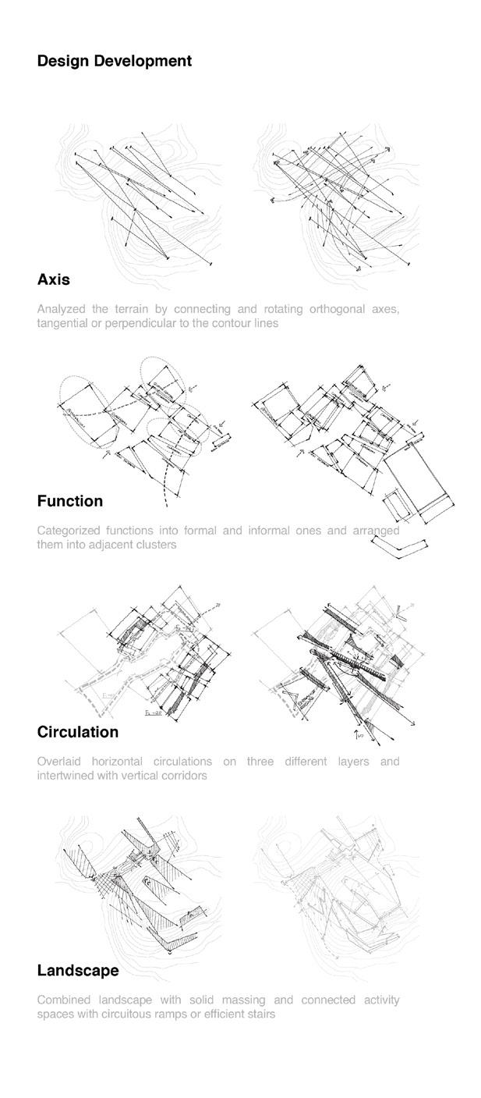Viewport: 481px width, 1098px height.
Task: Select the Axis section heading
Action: (x=54, y=279)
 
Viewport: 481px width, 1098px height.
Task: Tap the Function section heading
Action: (x=70, y=501)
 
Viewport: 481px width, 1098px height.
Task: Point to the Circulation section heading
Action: (x=78, y=732)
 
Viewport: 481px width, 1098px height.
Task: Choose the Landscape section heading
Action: (x=78, y=971)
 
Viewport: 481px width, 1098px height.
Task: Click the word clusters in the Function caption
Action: (x=156, y=545)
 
